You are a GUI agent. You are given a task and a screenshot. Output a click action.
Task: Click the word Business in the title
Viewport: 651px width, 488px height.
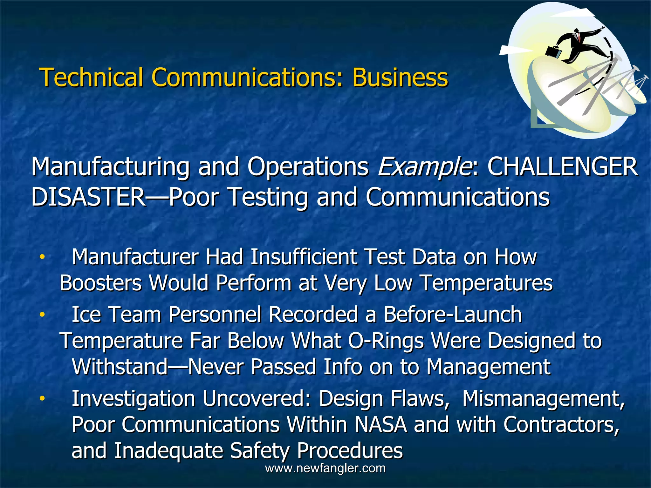point(400,77)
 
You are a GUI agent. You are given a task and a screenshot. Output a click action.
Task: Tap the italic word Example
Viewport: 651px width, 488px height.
point(425,167)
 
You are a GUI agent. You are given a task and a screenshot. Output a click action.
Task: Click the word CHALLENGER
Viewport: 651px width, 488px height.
point(562,167)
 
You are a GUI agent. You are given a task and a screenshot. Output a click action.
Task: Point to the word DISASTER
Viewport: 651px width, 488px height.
point(88,197)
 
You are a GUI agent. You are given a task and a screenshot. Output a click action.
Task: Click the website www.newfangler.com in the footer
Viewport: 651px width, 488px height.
point(325,468)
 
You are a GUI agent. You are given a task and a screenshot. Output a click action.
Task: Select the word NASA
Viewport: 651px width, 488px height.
point(380,424)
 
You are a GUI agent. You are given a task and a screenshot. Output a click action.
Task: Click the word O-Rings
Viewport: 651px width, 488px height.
point(386,341)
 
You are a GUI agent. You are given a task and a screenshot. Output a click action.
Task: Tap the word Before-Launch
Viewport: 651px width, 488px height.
point(453,315)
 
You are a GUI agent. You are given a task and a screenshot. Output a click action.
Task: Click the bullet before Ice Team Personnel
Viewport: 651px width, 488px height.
point(42,315)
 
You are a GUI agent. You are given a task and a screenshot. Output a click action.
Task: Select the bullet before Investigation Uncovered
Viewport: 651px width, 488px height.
point(42,398)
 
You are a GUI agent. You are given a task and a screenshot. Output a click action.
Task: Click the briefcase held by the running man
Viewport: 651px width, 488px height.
point(553,51)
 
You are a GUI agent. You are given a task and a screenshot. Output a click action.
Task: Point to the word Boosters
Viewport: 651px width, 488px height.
point(100,283)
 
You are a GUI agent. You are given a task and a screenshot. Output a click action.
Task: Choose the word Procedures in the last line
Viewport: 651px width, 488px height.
point(350,451)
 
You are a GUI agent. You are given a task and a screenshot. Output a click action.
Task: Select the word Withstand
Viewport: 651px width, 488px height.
point(120,367)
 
